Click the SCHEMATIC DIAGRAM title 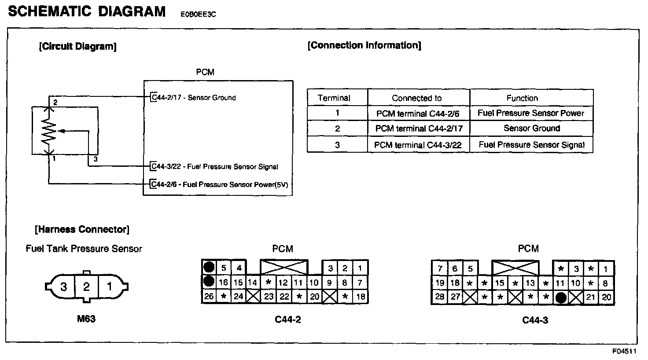coord(87,11)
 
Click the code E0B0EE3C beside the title coord(198,14)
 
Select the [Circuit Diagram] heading coord(78,47)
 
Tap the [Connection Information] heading coord(364,45)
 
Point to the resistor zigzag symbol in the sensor coord(49,131)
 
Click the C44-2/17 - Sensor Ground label coord(194,98)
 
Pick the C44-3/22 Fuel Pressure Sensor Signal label coord(215,166)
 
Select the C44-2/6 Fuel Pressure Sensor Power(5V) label coord(220,184)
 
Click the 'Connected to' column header coord(416,98)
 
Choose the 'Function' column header coord(522,98)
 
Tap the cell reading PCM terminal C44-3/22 coord(417,145)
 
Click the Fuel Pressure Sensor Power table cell coord(530,113)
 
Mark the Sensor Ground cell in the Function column coord(531,129)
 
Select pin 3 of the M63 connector coord(64,287)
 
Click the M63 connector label coord(86,318)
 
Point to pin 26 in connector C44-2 coord(209,296)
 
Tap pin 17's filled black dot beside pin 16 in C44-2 coord(209,281)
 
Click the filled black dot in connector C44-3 coord(560,298)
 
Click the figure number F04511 coord(624,352)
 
